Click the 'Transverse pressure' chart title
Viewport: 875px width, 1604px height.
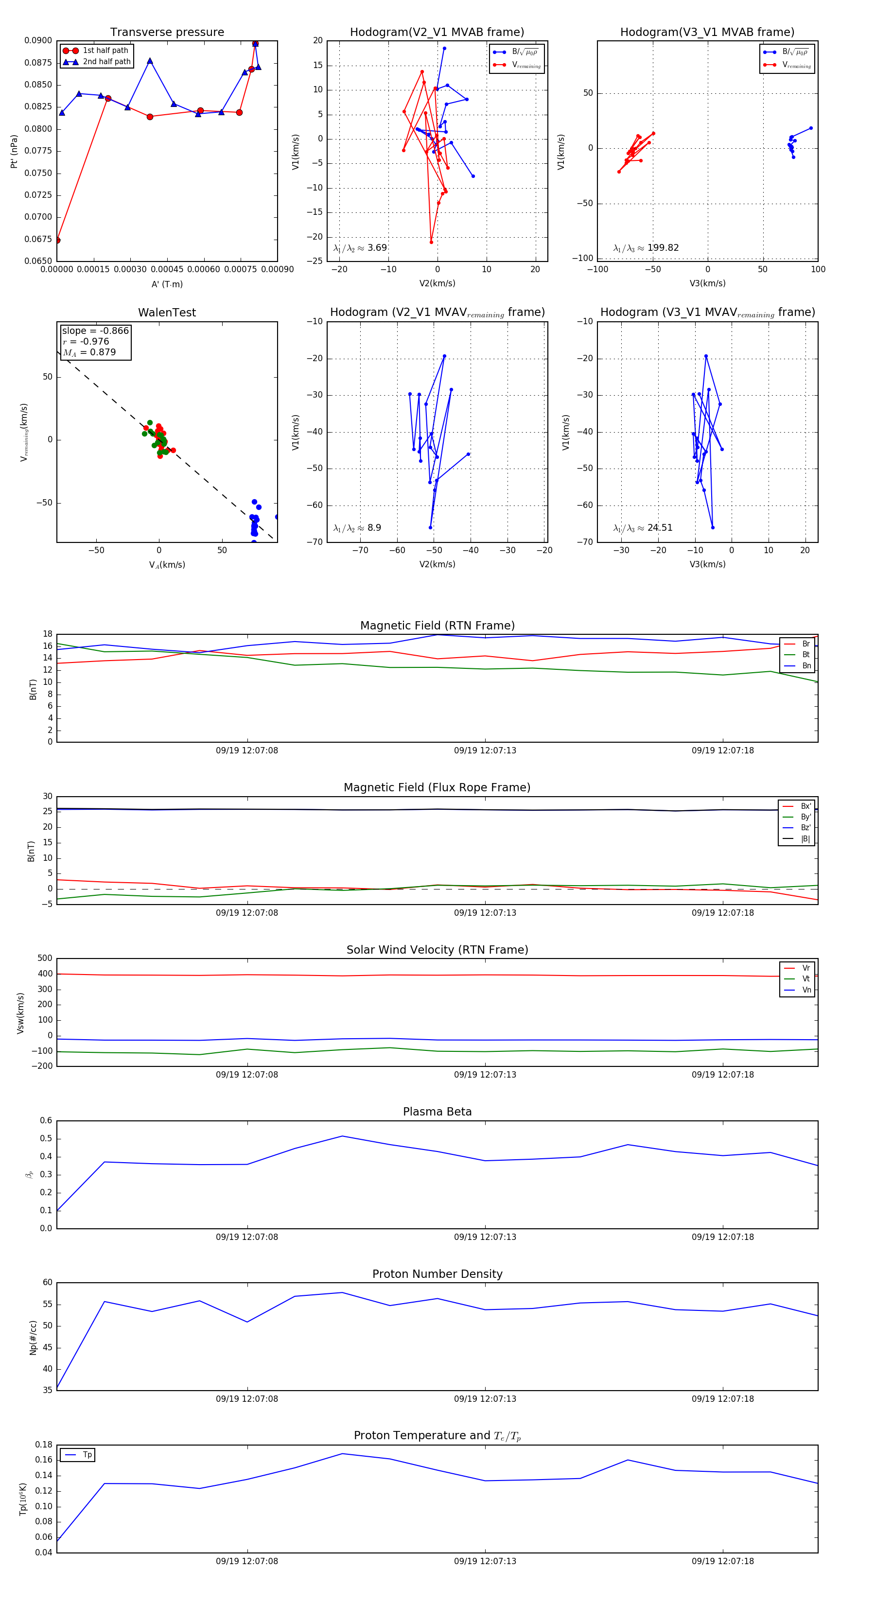click(167, 33)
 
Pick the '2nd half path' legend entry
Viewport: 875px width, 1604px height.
click(106, 62)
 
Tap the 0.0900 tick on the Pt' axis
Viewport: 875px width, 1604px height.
click(38, 40)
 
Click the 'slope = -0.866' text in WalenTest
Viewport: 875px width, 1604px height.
click(95, 331)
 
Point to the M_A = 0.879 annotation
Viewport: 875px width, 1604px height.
click(89, 352)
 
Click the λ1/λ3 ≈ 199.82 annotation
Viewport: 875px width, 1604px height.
click(646, 248)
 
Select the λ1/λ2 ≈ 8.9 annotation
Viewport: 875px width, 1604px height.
click(357, 528)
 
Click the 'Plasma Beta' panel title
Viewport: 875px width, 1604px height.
click(437, 1112)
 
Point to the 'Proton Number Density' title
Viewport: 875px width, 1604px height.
click(437, 1274)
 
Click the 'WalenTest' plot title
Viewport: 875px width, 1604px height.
click(167, 313)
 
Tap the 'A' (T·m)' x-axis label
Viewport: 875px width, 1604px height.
click(167, 284)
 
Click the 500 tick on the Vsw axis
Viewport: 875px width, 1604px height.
click(45, 959)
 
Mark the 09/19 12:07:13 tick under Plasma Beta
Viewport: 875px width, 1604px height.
click(485, 1237)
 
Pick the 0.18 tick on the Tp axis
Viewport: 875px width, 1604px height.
click(44, 1445)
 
